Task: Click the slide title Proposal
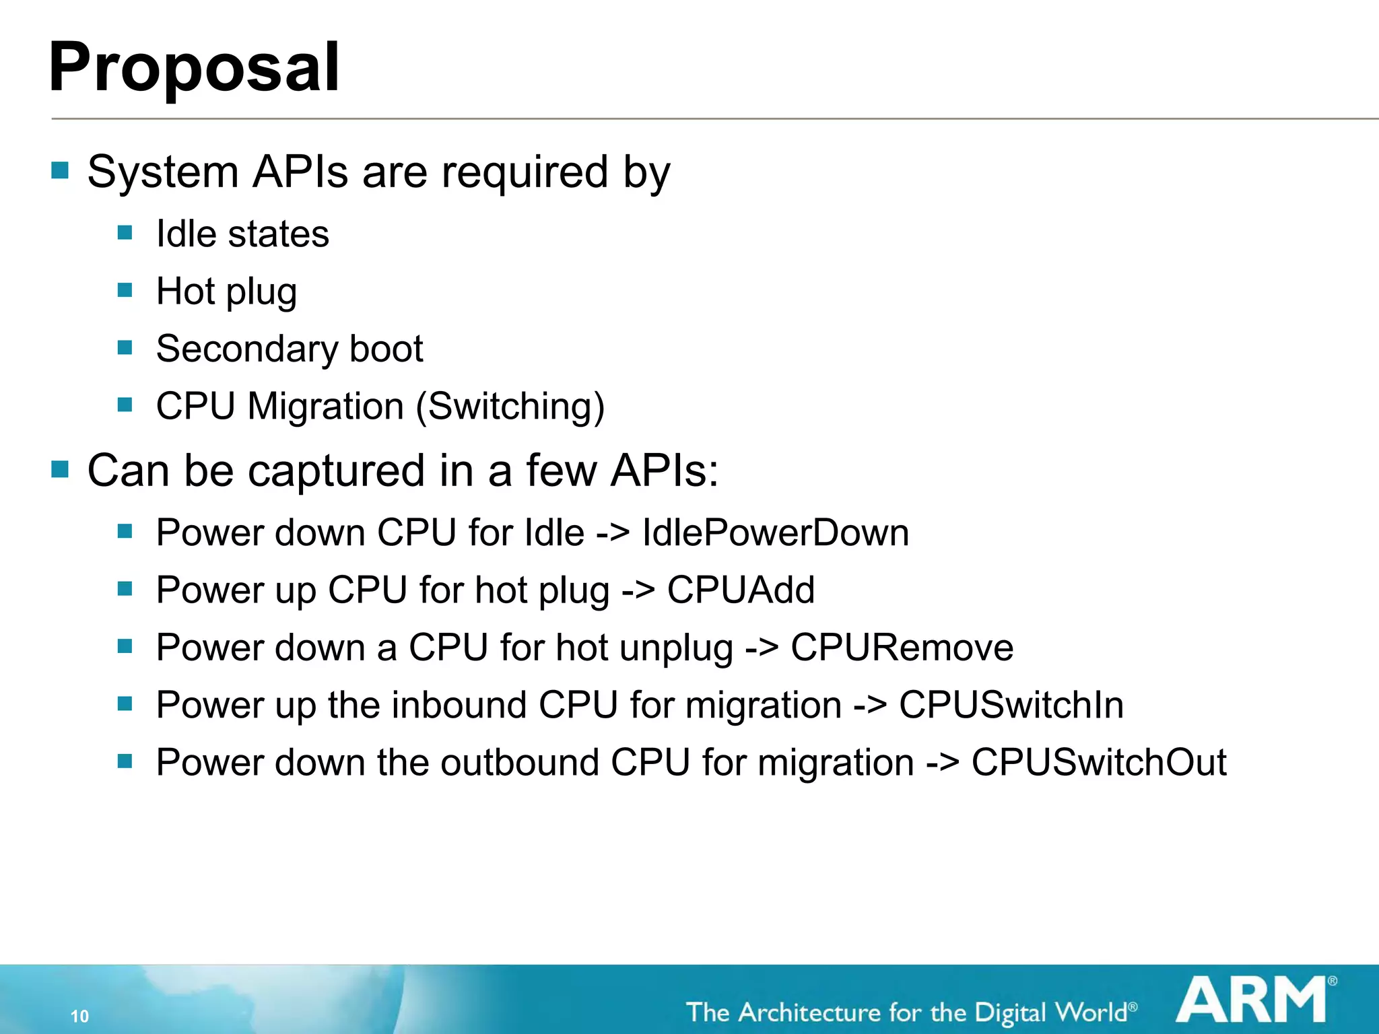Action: tap(194, 68)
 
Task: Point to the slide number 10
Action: tap(79, 1016)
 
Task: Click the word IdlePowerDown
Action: tap(775, 533)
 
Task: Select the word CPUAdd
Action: tap(741, 590)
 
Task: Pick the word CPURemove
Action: tap(902, 648)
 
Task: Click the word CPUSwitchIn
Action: tap(1011, 705)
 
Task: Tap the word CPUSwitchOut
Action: tap(1098, 763)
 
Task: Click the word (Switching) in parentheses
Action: tap(510, 407)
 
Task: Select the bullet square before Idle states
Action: tap(125, 233)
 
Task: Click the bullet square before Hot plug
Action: tap(125, 290)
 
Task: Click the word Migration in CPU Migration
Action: tap(325, 407)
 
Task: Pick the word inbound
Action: tap(459, 705)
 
